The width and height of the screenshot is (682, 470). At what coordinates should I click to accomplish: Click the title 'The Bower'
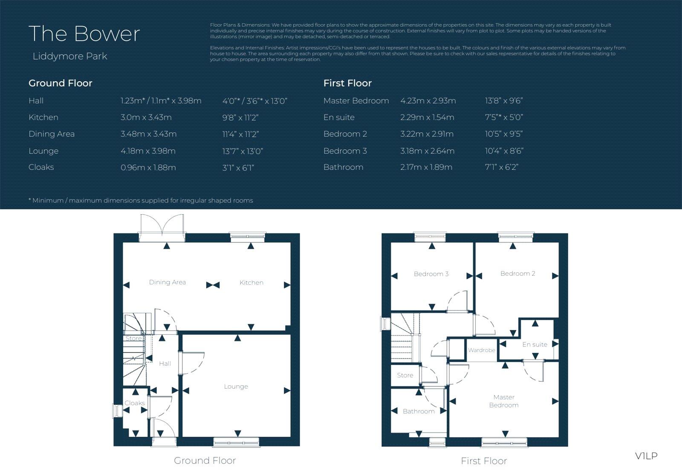(x=84, y=34)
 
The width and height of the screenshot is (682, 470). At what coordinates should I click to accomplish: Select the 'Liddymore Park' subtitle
(x=70, y=56)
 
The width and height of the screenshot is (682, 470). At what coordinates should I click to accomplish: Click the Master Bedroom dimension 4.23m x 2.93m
(x=428, y=101)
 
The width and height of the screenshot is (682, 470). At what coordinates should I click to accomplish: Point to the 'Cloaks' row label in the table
(x=41, y=167)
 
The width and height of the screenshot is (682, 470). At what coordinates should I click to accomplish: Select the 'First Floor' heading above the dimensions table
(x=347, y=83)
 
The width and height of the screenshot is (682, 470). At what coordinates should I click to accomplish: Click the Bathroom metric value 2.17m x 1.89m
(x=426, y=167)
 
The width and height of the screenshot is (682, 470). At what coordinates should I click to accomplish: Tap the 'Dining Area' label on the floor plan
(x=167, y=282)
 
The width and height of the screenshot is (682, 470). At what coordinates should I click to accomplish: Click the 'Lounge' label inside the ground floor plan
(x=236, y=387)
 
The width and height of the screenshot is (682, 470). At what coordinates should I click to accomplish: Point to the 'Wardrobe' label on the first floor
(x=482, y=350)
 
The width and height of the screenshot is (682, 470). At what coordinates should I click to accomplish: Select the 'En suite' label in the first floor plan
(x=535, y=344)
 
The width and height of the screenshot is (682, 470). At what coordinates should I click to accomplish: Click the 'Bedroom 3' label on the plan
(x=431, y=274)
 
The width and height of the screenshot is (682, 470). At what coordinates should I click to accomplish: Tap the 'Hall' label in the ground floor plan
(x=165, y=364)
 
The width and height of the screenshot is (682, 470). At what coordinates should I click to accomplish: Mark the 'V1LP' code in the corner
(x=646, y=456)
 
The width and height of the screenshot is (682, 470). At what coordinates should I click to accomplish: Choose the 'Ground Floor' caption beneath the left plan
(x=205, y=461)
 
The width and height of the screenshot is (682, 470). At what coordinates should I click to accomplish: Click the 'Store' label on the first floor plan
(x=405, y=375)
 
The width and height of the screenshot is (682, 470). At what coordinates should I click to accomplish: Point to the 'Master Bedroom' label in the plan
(x=504, y=401)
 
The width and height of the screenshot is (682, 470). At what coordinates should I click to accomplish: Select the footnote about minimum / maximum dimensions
(x=141, y=201)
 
